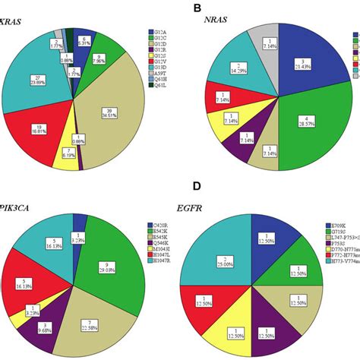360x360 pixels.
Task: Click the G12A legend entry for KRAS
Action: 158,33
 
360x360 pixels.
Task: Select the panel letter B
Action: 197,8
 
